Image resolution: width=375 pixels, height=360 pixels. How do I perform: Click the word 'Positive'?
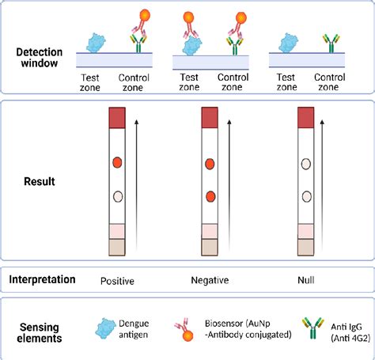[x=117, y=280]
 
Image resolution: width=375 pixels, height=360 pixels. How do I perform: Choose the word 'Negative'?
[x=210, y=280]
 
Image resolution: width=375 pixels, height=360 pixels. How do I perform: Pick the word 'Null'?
[x=305, y=280]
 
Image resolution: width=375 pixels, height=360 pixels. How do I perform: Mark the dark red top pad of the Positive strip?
[x=117, y=118]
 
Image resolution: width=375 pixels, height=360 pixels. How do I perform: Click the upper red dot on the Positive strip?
[x=117, y=164]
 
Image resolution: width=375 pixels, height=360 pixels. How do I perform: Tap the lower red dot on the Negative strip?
[x=210, y=196]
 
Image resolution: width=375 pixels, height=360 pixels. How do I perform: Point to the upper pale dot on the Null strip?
[x=305, y=165]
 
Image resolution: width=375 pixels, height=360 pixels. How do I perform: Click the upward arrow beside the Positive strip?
[x=135, y=183]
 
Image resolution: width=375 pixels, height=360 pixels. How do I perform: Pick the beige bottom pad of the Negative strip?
[x=210, y=247]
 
